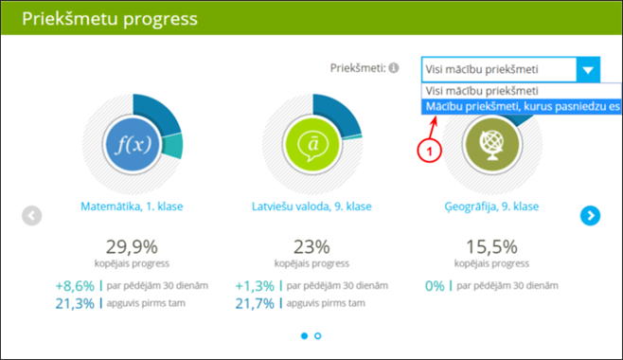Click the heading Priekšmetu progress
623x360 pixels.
tap(110, 18)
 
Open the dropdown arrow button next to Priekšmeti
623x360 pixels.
tap(588, 69)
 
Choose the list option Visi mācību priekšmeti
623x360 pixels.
tap(482, 90)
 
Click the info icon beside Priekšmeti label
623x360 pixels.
tap(394, 69)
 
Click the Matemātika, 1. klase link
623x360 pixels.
tap(132, 207)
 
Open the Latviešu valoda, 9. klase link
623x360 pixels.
tap(311, 207)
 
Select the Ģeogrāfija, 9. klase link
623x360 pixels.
tap(491, 207)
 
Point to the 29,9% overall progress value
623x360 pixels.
tap(132, 246)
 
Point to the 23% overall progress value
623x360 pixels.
tap(311, 246)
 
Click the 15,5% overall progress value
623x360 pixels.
tap(491, 246)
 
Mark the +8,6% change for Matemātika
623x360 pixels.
tap(75, 285)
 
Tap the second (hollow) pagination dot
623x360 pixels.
tap(318, 335)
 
